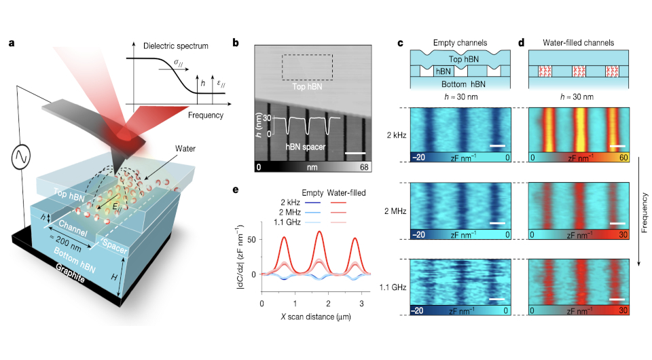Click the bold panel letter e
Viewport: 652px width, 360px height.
click(236, 190)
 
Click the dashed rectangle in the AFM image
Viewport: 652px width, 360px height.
click(306, 67)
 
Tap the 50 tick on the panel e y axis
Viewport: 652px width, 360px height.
click(251, 240)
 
